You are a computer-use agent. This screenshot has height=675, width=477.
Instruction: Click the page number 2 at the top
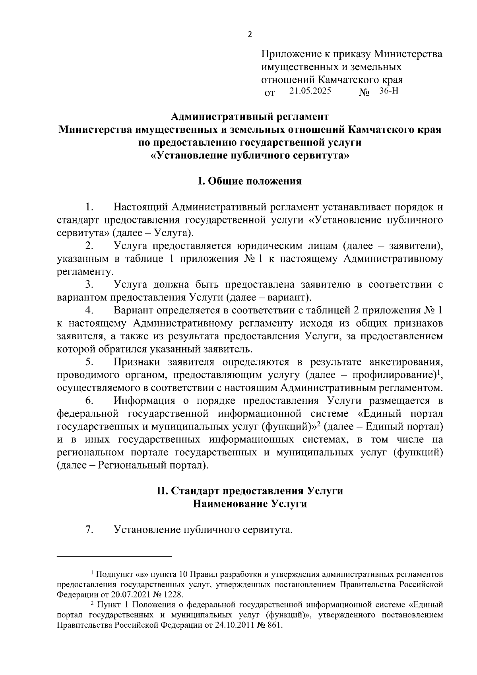point(250,35)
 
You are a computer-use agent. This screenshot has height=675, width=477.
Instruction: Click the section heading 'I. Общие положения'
point(250,181)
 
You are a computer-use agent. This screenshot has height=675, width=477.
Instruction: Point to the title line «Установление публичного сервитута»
point(250,156)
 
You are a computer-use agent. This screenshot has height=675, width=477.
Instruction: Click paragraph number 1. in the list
point(89,207)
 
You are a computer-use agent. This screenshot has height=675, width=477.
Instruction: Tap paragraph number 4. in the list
point(89,311)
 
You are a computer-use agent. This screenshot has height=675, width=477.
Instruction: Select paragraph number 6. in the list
point(89,401)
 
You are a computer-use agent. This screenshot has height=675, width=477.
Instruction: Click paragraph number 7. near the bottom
point(89,529)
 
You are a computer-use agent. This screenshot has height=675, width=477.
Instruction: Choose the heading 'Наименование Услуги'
point(250,504)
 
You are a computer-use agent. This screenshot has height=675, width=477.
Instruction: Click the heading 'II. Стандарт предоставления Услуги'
point(250,491)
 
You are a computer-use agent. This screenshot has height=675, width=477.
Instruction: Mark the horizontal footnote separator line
point(114,556)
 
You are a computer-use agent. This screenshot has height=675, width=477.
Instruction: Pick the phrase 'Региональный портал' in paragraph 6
point(150,465)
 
